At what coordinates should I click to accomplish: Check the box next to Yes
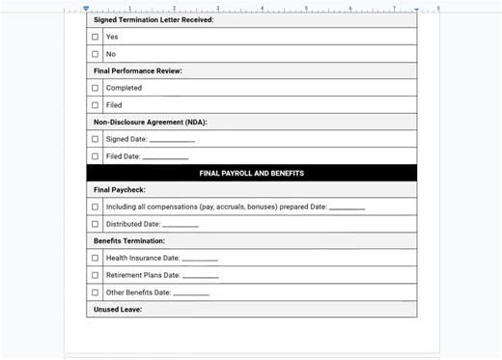point(95,37)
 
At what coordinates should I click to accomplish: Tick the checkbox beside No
point(95,54)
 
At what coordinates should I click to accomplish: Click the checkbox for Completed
point(95,88)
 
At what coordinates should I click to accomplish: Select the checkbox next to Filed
point(95,105)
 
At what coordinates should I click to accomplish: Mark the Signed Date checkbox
point(95,139)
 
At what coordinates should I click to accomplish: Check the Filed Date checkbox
point(95,156)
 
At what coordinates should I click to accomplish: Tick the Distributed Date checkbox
point(95,224)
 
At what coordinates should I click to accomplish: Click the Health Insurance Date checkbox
point(95,258)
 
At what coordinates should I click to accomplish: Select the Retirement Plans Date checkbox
point(95,275)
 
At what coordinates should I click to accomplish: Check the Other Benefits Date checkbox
point(95,292)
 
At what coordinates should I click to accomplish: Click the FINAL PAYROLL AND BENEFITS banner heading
point(251,174)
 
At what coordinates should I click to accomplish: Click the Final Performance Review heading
point(138,70)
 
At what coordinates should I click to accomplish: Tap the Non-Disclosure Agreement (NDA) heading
point(150,122)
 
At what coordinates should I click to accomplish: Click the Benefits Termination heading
point(129,241)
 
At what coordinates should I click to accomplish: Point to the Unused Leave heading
point(118,309)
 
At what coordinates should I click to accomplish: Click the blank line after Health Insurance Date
point(200,259)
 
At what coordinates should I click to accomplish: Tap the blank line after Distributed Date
point(181,225)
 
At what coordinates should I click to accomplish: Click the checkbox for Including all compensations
point(95,207)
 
